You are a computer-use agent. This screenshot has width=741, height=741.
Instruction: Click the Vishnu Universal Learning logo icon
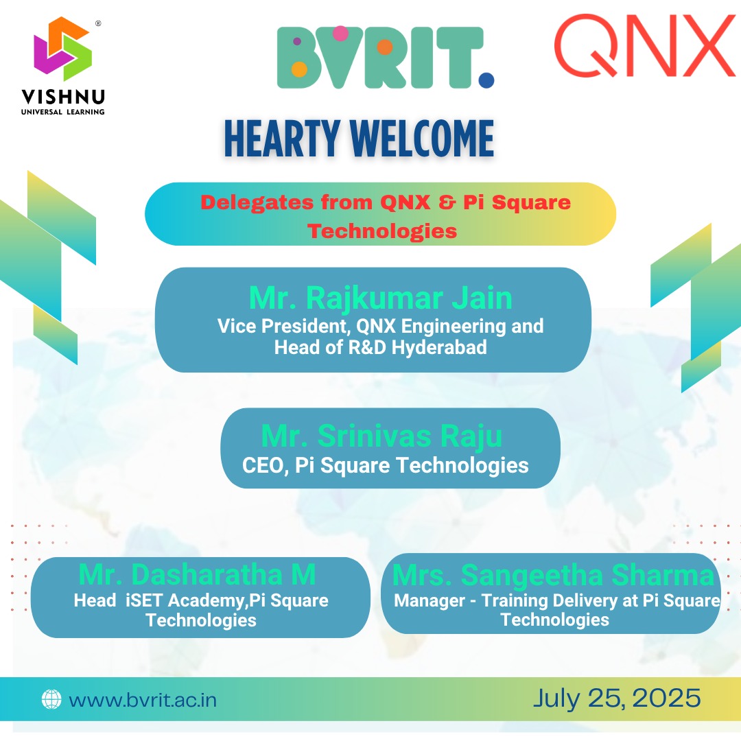63,49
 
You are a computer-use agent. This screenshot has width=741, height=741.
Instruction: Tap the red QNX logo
644,45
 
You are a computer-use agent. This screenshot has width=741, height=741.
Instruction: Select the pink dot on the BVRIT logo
340,34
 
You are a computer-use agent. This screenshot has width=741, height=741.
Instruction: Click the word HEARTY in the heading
282,139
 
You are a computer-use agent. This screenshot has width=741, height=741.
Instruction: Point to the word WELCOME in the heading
421,139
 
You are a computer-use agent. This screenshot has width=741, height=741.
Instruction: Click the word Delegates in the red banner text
257,202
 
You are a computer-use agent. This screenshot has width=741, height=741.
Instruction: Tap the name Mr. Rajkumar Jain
380,298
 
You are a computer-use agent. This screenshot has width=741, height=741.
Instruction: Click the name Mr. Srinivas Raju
381,436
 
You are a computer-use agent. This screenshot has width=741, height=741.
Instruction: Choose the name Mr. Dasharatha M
197,575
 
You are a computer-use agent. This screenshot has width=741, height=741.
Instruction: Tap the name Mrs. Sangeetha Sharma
554,575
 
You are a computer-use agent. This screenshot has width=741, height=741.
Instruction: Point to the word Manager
430,600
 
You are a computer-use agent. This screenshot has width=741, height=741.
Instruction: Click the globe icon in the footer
51,699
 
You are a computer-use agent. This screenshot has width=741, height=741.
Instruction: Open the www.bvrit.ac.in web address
143,700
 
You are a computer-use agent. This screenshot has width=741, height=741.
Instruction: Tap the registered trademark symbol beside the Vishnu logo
98,23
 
